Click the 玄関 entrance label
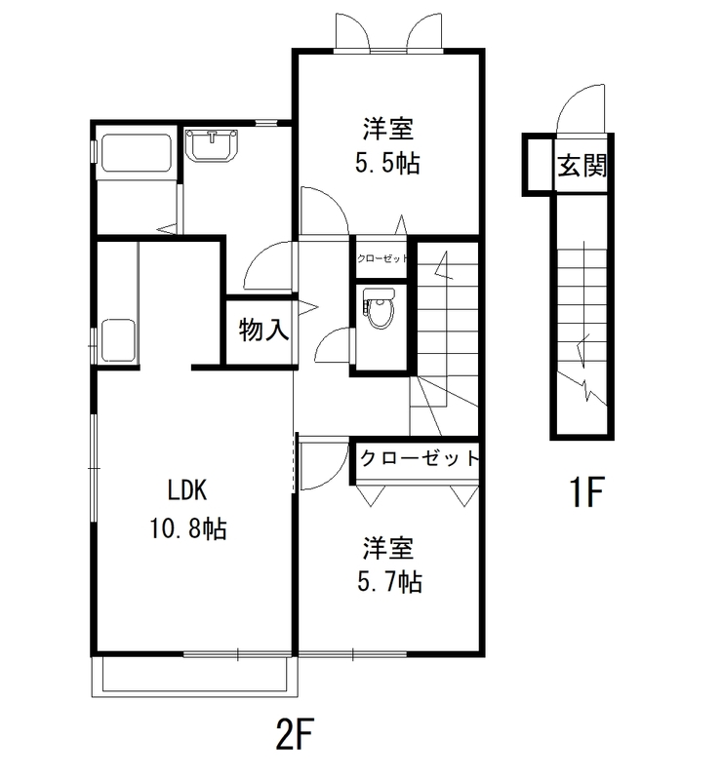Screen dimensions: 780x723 (x=582, y=165)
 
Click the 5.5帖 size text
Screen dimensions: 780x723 (x=387, y=164)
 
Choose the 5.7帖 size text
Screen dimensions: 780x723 (x=388, y=582)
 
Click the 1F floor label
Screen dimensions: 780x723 (x=588, y=494)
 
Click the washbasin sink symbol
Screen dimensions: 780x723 (x=212, y=146)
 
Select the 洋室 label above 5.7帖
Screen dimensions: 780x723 (x=388, y=546)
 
